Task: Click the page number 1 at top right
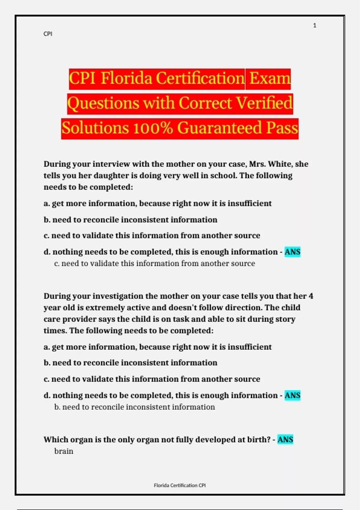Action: (314, 25)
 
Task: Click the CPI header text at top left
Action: (48, 34)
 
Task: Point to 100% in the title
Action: (153, 128)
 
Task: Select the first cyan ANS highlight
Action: (292, 252)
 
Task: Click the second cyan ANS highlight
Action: (292, 395)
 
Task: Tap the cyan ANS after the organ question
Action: (285, 439)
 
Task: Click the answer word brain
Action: (64, 451)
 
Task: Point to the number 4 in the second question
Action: (311, 296)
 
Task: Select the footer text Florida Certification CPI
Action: (180, 485)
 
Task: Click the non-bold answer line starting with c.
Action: (154, 263)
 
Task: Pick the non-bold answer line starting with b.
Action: (134, 407)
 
